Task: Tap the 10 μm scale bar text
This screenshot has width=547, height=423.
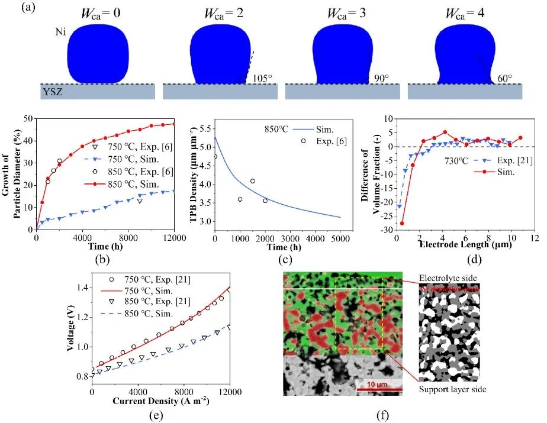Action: point(377,383)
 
